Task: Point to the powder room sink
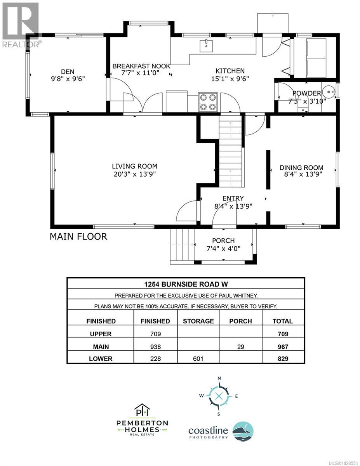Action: (x=330, y=92)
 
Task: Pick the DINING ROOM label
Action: (x=301, y=168)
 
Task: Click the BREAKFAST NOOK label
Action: (x=141, y=66)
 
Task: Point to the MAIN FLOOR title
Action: (x=78, y=236)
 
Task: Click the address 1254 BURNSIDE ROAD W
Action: (x=186, y=283)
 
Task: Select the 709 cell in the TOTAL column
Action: (x=283, y=334)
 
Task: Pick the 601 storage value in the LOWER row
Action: (x=198, y=358)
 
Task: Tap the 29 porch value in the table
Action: (x=240, y=346)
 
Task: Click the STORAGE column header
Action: (x=198, y=321)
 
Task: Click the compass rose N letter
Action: (x=219, y=378)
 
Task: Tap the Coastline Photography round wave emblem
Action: (x=243, y=431)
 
